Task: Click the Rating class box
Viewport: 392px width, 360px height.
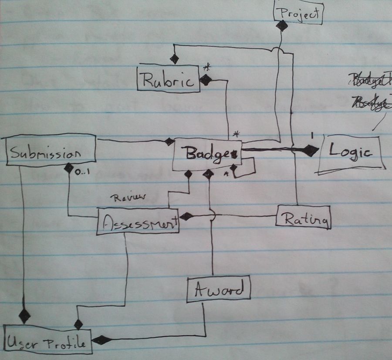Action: pos(303,217)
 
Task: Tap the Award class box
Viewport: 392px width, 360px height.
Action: pos(219,289)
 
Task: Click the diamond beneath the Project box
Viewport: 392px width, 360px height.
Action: pos(282,26)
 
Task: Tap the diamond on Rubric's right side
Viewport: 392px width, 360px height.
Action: pos(206,80)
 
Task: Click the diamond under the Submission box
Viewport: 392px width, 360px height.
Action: pos(68,167)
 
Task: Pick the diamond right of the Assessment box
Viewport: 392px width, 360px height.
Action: pos(186,216)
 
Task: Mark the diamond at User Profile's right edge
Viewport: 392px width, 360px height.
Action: pos(100,340)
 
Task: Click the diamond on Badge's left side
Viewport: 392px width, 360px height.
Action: pos(169,142)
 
